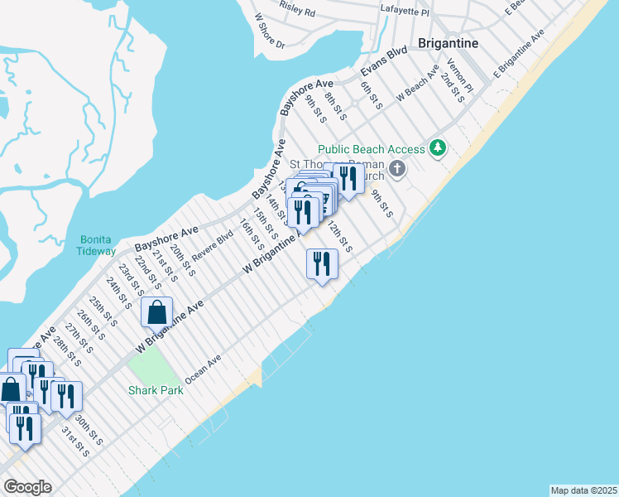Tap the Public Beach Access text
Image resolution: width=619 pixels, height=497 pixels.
[x=372, y=149]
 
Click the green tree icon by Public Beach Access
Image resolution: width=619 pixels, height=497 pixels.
[x=437, y=149]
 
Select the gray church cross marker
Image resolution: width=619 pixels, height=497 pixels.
[x=397, y=170]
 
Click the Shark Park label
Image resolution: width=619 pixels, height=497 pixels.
[x=155, y=389]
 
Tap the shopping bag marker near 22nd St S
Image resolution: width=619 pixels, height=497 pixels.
[x=156, y=313]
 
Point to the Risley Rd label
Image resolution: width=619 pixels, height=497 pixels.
[x=298, y=12]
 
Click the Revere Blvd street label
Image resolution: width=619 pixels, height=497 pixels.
[x=213, y=244]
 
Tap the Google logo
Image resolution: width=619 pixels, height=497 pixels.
[x=27, y=487]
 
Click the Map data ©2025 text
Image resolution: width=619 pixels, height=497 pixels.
[x=583, y=490]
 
